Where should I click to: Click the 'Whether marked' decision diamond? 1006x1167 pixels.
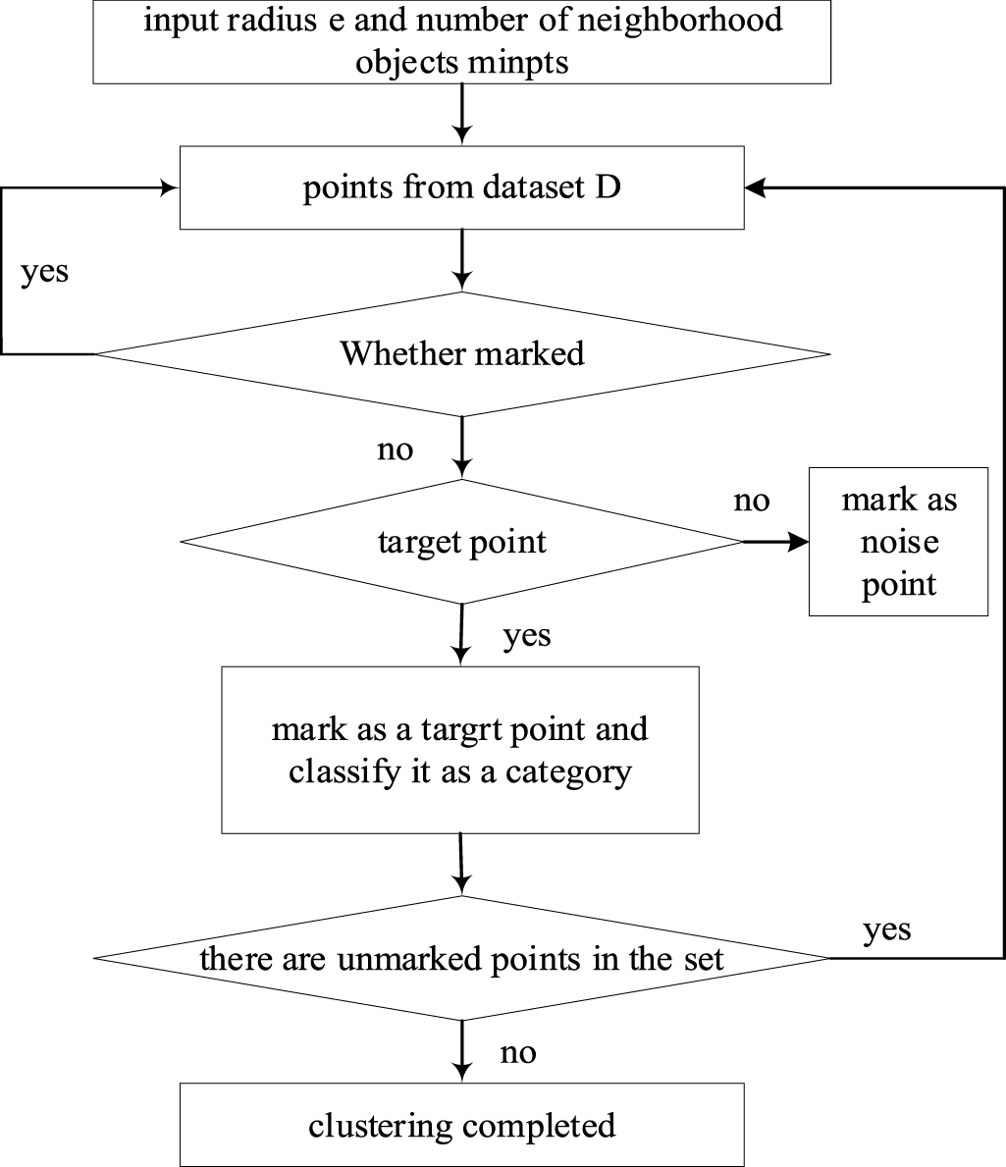click(461, 353)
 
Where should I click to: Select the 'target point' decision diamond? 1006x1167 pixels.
click(461, 542)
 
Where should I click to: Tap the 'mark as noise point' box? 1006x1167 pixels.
click(898, 542)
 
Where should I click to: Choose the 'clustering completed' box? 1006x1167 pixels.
click(461, 1124)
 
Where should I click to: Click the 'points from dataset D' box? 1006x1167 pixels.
click(461, 188)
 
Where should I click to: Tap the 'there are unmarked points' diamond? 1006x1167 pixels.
click(461, 958)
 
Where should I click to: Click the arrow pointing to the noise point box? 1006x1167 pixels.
click(775, 542)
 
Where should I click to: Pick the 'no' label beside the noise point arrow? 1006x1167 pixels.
click(752, 502)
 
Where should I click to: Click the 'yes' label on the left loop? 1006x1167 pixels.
click(45, 271)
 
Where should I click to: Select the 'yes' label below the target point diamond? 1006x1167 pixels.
click(527, 636)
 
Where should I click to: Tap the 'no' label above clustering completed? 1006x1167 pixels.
click(518, 1053)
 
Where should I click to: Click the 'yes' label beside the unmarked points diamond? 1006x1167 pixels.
click(887, 928)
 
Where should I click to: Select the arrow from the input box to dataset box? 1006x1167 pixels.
click(461, 113)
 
